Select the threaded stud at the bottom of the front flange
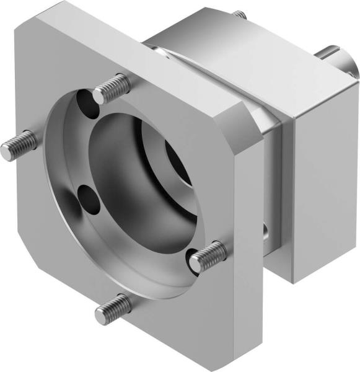click(113, 309)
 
